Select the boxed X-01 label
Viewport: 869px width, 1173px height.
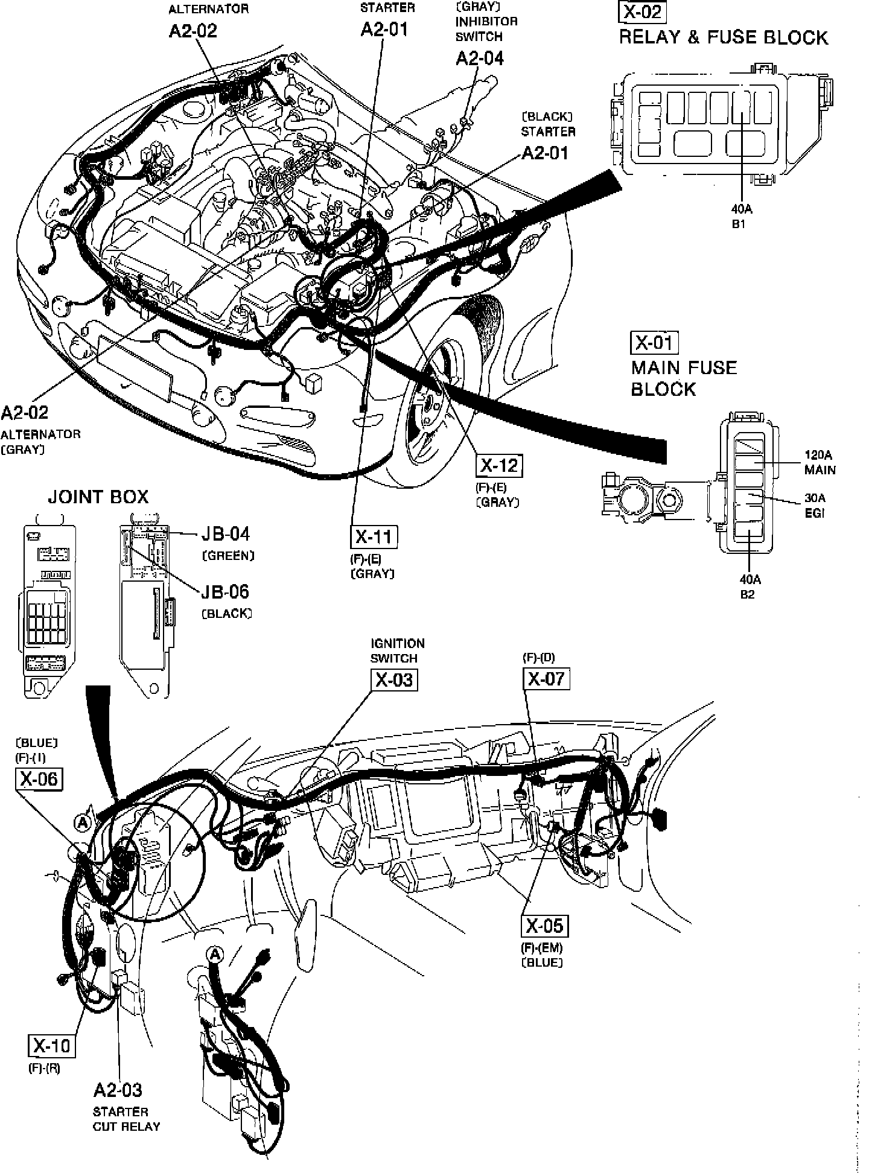pos(654,343)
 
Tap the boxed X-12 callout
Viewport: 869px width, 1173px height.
pos(500,465)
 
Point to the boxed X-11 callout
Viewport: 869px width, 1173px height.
pos(374,537)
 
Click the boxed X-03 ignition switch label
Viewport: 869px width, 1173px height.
pos(394,679)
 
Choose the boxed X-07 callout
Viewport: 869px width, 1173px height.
pos(546,679)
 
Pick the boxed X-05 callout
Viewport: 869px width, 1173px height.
pos(544,926)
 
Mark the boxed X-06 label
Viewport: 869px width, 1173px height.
pos(39,778)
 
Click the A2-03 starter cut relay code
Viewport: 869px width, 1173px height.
pos(118,1090)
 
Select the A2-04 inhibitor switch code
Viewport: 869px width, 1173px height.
pos(479,58)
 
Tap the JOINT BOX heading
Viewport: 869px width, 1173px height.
pos(98,497)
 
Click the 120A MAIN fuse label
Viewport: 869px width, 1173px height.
pos(820,462)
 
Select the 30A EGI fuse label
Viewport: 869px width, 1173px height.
pos(815,506)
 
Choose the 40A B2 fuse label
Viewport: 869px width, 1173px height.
pos(750,586)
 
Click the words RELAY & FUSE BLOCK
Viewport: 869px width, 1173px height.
pos(723,37)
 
